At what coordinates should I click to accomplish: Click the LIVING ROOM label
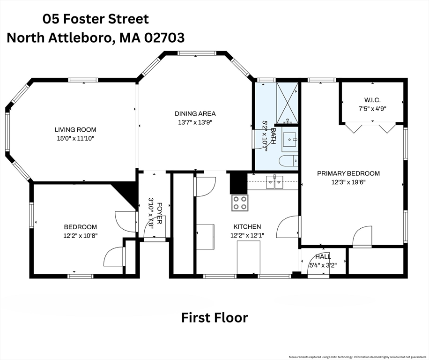(75, 129)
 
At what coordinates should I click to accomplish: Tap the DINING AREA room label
(195, 113)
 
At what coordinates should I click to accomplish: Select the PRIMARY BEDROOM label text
(348, 173)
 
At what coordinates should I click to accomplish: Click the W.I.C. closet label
(372, 100)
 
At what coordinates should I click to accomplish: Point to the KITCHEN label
(247, 226)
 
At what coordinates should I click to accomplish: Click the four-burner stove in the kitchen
(240, 203)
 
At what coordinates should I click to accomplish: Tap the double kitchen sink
(274, 182)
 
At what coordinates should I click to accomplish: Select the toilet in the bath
(288, 161)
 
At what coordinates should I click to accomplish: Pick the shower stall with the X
(287, 103)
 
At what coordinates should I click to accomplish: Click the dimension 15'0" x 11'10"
(75, 138)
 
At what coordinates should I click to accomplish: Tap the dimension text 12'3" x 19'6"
(348, 182)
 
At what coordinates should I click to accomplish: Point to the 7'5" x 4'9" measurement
(372, 108)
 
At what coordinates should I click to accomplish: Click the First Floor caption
(215, 317)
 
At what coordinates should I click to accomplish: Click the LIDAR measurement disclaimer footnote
(358, 357)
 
